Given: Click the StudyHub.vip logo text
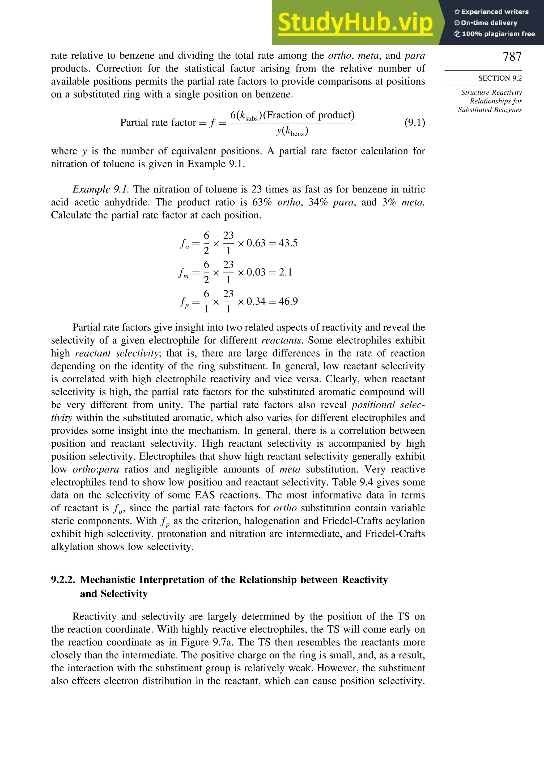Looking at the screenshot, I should coord(355,23).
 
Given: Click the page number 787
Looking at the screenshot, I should coord(512,57).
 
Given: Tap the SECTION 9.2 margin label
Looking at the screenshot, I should coord(500,78).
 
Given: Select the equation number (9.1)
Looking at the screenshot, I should coord(414,122).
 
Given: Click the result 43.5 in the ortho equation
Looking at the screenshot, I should coord(288,243).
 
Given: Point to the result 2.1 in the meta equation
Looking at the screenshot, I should coord(285,272).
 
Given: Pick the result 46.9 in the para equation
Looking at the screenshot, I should coord(288,301).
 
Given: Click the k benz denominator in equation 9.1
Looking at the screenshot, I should coord(295,131).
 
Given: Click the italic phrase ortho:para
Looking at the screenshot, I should coord(96,469).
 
